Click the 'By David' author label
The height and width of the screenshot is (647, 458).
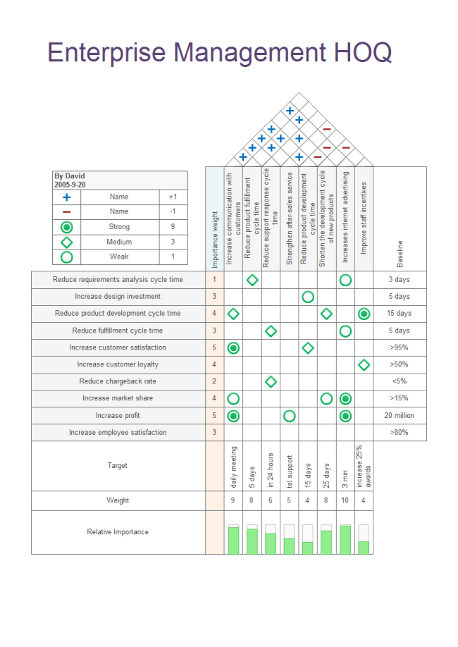[x=70, y=176]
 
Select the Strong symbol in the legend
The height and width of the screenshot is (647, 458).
[x=67, y=227]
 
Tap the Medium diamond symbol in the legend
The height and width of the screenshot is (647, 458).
[x=67, y=242]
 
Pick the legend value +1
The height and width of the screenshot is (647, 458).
[x=173, y=197]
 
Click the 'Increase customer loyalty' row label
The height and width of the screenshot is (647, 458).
[x=118, y=364]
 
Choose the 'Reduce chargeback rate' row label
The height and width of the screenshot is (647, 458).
[x=118, y=381]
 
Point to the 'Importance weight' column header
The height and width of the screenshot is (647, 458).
[x=215, y=218]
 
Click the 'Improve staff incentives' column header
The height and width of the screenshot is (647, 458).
[x=364, y=218]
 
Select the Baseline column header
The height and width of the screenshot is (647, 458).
[x=400, y=254]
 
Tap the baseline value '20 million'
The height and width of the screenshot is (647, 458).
[x=400, y=415]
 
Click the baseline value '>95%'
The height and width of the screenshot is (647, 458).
[x=400, y=347]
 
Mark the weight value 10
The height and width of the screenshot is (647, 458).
[x=345, y=500]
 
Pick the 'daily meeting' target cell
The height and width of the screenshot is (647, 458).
[x=234, y=467]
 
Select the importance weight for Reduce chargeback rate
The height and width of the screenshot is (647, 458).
[x=215, y=381]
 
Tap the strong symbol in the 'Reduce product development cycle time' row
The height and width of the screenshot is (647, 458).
[x=364, y=314]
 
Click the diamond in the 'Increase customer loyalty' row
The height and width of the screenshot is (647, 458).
[x=364, y=364]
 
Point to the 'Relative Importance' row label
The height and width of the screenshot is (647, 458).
[x=118, y=532]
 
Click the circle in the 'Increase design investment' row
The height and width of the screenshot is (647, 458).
[x=308, y=297]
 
